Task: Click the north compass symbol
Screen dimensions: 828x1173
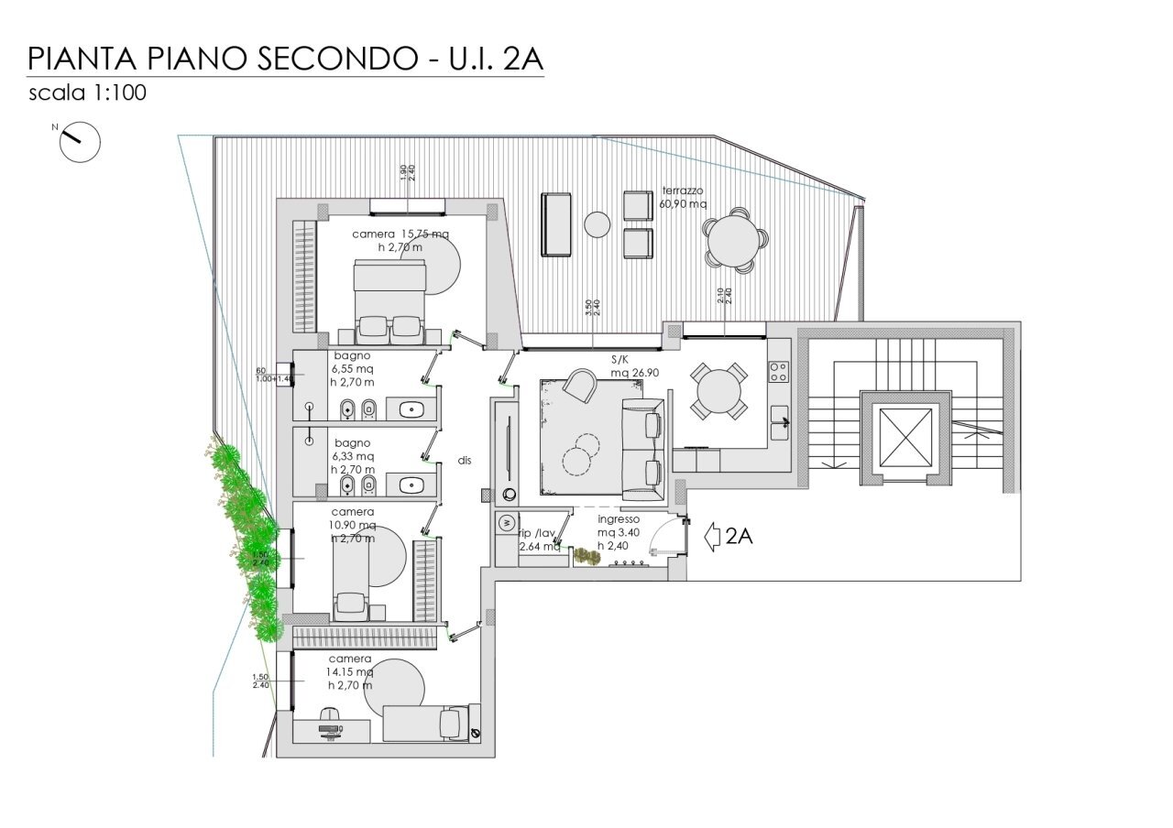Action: coord(79,142)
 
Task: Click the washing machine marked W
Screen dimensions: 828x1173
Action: coord(507,523)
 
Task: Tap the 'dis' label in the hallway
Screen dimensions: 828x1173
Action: coord(465,461)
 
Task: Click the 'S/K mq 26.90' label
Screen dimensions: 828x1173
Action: coord(625,367)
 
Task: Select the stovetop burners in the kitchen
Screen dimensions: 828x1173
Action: coord(778,371)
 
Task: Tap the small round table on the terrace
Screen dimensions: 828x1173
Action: coord(597,224)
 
